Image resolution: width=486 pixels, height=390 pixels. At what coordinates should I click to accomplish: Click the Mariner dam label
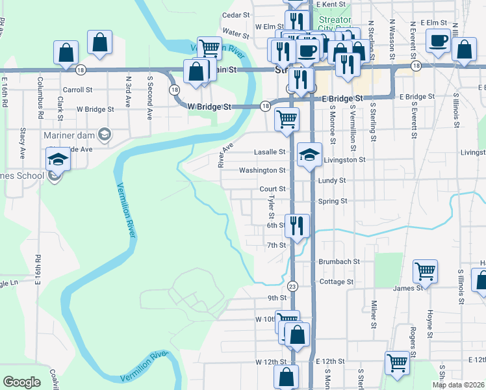(x=68, y=135)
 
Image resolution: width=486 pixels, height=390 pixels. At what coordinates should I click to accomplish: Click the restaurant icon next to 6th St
(x=297, y=226)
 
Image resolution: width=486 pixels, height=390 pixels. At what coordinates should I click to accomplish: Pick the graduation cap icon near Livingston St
(x=309, y=155)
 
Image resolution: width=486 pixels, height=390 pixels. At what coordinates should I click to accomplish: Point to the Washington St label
(x=262, y=170)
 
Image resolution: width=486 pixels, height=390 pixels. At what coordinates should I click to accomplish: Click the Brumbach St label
(x=339, y=261)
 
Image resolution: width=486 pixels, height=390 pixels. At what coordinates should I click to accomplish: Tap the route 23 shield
(x=292, y=285)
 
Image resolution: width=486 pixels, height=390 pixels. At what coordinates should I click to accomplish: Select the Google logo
(x=21, y=382)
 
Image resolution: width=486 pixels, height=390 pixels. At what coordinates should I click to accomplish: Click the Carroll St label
(x=77, y=90)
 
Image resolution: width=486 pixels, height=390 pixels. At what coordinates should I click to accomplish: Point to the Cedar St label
(x=236, y=14)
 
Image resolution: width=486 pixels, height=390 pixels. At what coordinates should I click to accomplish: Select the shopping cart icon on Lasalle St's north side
(x=287, y=120)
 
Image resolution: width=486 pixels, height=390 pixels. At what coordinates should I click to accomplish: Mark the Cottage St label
(x=337, y=281)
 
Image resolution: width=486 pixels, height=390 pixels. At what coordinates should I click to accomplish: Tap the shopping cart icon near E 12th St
(x=397, y=362)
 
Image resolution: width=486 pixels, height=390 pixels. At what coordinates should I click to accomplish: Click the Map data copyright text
(x=458, y=385)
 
